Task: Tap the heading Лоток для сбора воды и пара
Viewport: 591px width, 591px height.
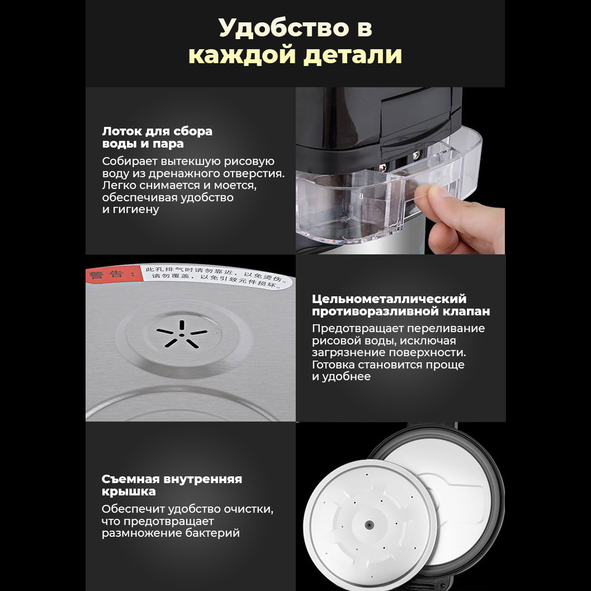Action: tap(157, 138)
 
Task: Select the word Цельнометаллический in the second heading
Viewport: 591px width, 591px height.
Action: tap(389, 299)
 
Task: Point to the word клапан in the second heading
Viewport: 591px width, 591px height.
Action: tap(463, 311)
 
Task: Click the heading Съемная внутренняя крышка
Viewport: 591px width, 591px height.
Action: tap(172, 485)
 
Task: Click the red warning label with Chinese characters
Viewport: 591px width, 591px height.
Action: tap(110, 275)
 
